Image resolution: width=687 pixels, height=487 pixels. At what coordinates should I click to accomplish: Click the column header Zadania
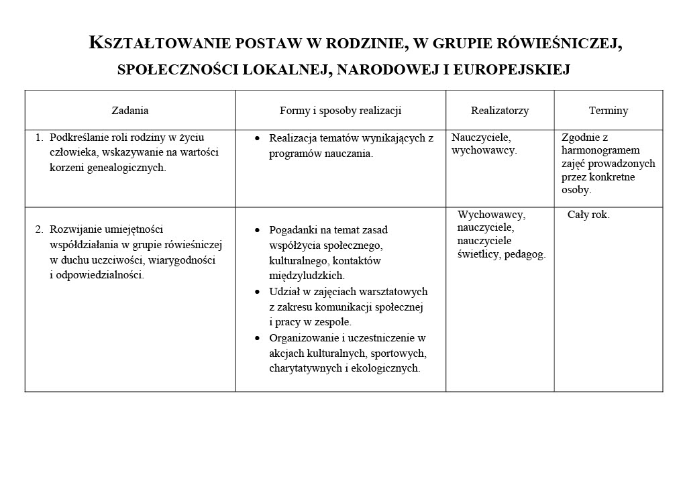[x=130, y=111]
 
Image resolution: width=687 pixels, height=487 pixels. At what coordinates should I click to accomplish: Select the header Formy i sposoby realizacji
[x=340, y=111]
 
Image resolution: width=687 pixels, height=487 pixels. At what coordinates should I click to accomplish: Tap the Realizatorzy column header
[x=500, y=111]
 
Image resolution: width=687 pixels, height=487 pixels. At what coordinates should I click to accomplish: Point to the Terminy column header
[x=609, y=111]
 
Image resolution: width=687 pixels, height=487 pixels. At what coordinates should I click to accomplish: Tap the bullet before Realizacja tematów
[x=258, y=139]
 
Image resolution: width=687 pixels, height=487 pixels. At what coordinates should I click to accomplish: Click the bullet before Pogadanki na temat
[x=258, y=230]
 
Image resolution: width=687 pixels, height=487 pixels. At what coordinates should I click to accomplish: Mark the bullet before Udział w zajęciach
[x=258, y=292]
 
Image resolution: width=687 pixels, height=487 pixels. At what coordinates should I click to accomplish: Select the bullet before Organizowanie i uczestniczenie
[x=258, y=339]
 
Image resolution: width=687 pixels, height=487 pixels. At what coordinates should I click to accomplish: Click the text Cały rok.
[x=588, y=215]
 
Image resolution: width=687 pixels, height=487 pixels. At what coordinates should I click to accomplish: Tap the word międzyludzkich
[x=307, y=276]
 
